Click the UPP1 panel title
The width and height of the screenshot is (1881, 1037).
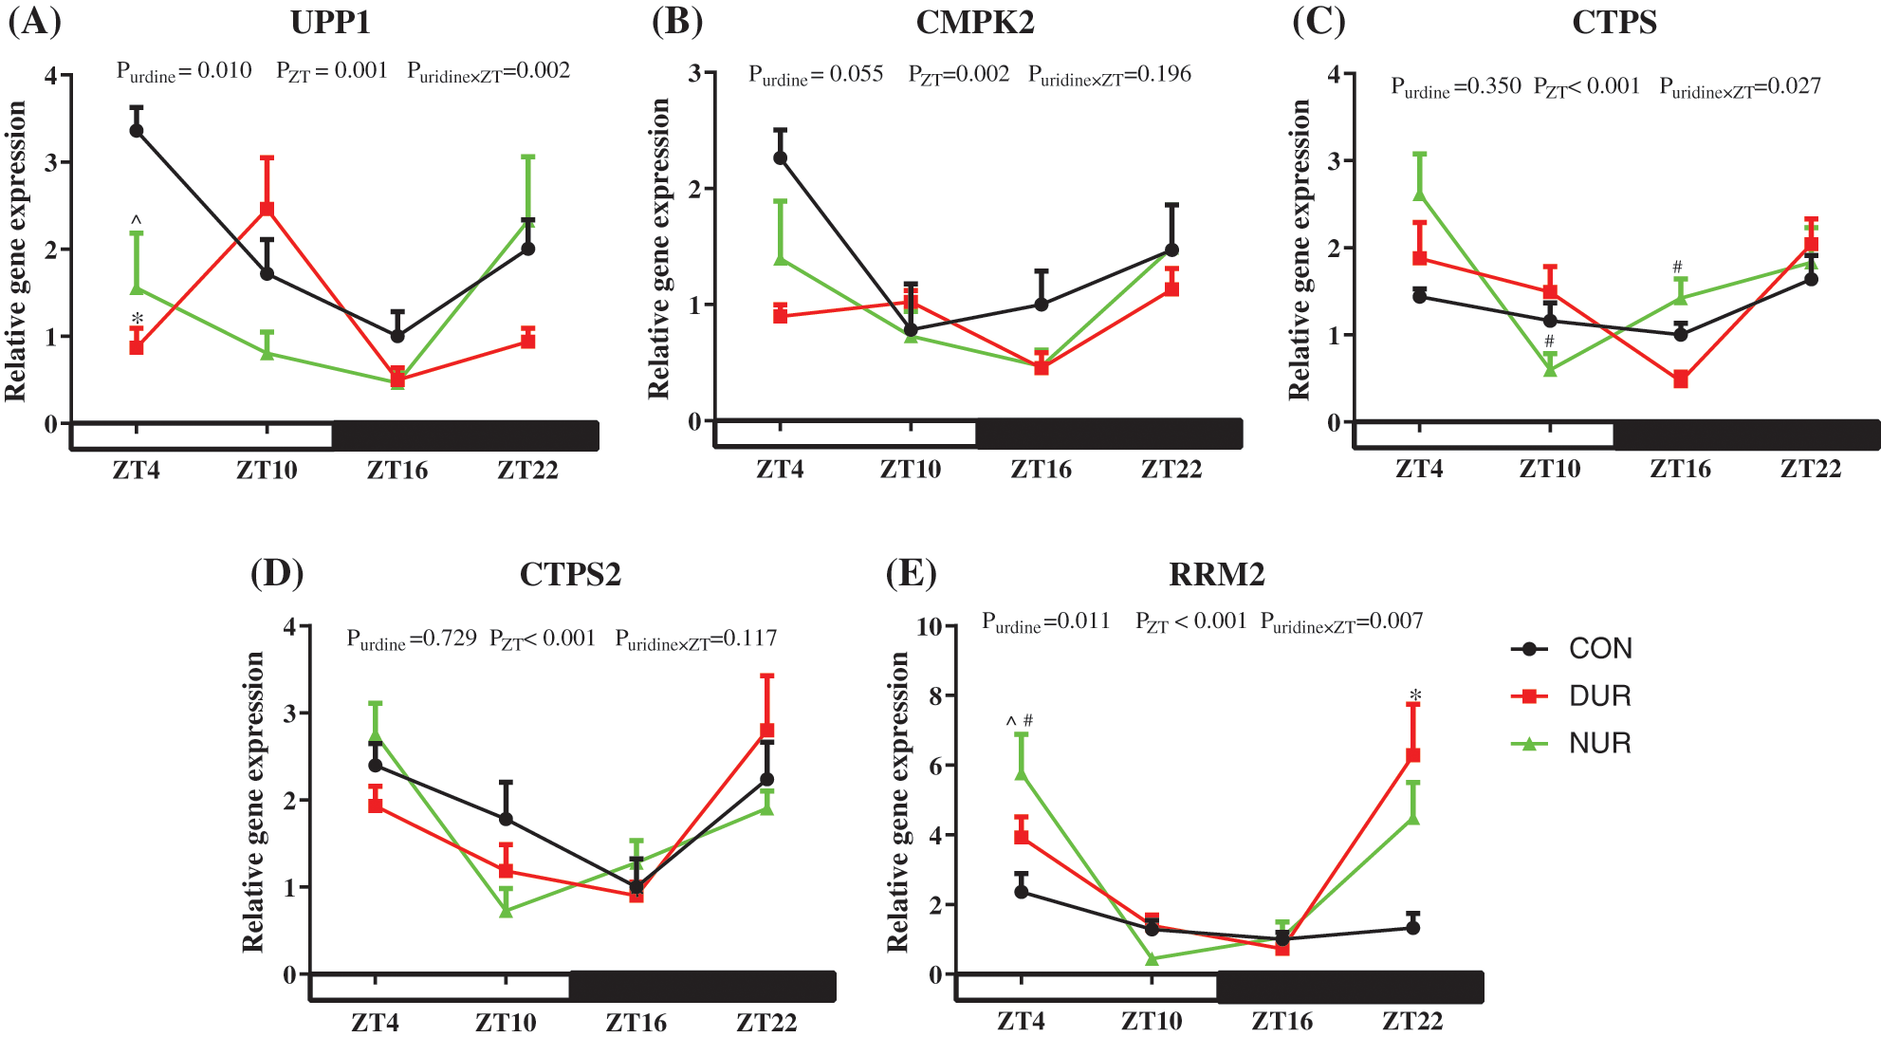pyautogui.click(x=330, y=22)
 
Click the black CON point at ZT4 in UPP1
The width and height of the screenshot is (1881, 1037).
pyautogui.click(x=137, y=130)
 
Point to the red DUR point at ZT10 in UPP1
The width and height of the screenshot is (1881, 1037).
pyautogui.click(x=267, y=209)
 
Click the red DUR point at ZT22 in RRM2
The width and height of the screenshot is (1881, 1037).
pyautogui.click(x=1412, y=755)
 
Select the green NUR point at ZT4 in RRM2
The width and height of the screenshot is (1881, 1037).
pyautogui.click(x=1022, y=773)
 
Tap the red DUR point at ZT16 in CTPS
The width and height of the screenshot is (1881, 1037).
pyautogui.click(x=1681, y=380)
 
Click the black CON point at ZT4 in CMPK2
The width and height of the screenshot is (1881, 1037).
pyautogui.click(x=781, y=157)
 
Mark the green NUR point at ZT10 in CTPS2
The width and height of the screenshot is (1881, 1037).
pyautogui.click(x=507, y=911)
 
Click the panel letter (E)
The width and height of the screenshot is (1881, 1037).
pyautogui.click(x=911, y=574)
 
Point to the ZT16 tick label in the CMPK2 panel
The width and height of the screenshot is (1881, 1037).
pyautogui.click(x=1041, y=470)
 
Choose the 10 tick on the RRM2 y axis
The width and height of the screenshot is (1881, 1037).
pyautogui.click(x=929, y=626)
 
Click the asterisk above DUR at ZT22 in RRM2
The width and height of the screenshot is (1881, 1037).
pyautogui.click(x=1415, y=696)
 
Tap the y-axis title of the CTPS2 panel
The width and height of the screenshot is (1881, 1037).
pyautogui.click(x=252, y=802)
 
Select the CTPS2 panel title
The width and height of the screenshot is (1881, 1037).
pyautogui.click(x=570, y=575)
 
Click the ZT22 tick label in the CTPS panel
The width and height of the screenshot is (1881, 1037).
pyautogui.click(x=1810, y=470)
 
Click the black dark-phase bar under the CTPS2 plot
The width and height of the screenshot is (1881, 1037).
pyautogui.click(x=702, y=988)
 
